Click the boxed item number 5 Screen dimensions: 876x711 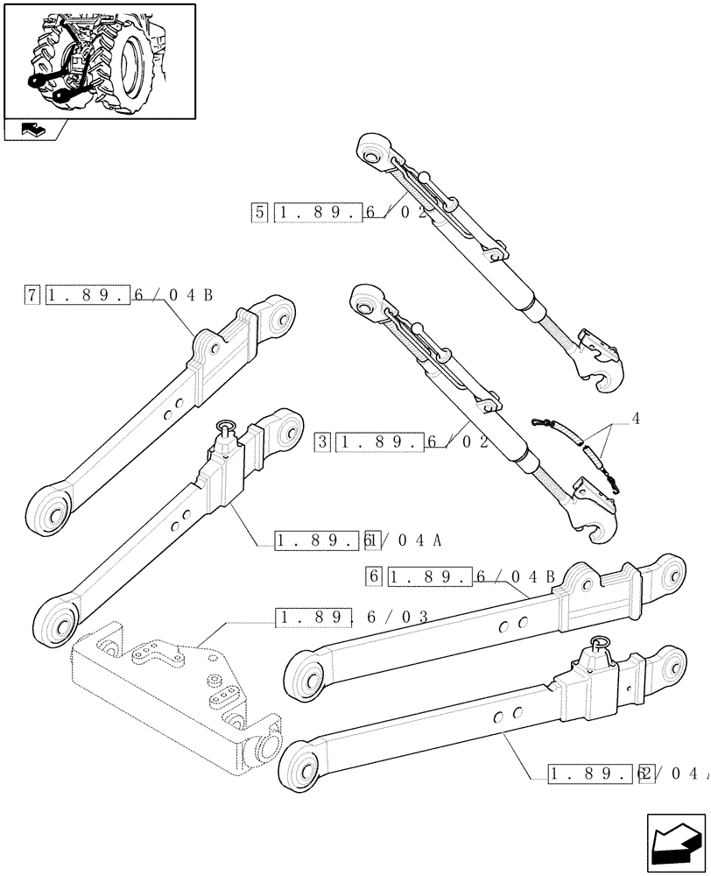[x=259, y=213]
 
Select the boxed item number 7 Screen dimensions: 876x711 [x=32, y=295]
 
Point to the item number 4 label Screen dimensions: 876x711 [x=635, y=420]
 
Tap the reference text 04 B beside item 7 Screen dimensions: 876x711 [x=189, y=295]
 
